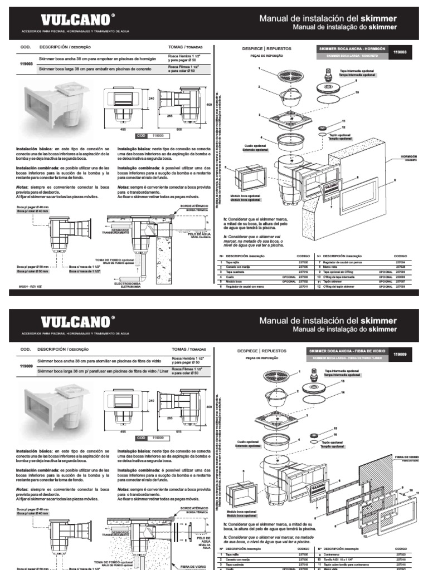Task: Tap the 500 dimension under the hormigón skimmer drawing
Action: [179, 129]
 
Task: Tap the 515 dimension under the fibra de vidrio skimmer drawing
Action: [179, 431]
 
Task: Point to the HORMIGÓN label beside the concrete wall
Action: [408, 158]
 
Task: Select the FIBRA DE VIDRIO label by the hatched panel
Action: [407, 457]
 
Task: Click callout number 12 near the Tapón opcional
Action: [344, 127]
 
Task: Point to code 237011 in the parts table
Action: [303, 286]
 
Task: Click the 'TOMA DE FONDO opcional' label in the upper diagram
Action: [114, 261]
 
